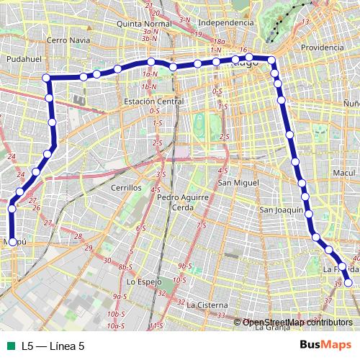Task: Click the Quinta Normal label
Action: coord(147,23)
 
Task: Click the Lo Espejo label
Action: coord(144,282)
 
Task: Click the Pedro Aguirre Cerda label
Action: coord(182,202)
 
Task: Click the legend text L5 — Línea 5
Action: coord(53,346)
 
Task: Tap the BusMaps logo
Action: coord(325,345)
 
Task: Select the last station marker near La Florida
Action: coord(348,283)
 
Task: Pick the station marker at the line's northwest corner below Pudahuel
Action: coord(46,77)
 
